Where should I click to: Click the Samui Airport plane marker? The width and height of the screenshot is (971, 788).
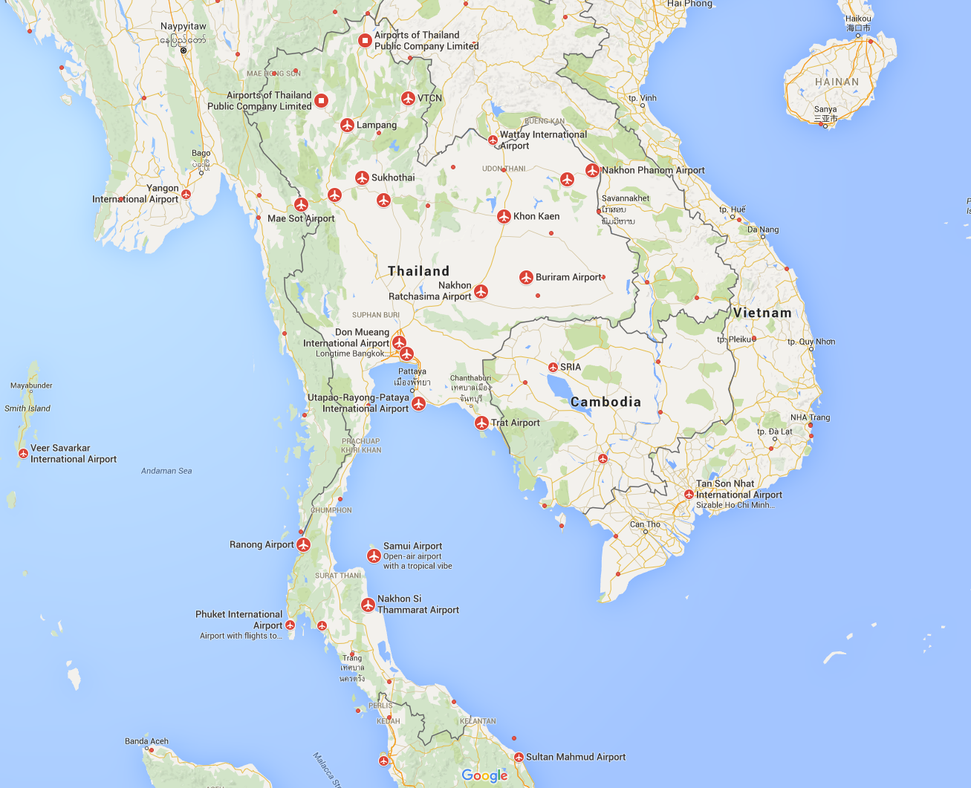[x=374, y=556]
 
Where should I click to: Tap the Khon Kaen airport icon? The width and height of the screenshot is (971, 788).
[x=504, y=216]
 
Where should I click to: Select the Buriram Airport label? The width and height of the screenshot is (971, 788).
[x=568, y=277]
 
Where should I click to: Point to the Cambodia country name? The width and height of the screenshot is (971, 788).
[x=605, y=402]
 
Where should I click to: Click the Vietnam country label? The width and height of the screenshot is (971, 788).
[x=762, y=313]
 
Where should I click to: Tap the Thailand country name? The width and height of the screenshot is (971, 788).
[x=418, y=271]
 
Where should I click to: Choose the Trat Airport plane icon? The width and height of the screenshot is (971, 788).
[x=481, y=423]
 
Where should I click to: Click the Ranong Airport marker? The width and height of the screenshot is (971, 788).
[x=303, y=545]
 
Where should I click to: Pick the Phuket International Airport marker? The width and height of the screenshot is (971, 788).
[x=290, y=625]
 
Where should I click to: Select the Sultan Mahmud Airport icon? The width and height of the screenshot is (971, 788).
[x=519, y=758]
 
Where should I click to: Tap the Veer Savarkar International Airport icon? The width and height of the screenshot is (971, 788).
[x=23, y=453]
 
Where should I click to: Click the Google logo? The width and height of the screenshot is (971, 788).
[x=484, y=775]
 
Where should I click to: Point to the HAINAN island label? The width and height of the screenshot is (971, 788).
[x=837, y=82]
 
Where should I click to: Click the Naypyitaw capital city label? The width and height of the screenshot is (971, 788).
[x=184, y=27]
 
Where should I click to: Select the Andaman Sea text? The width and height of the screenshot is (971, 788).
[x=166, y=471]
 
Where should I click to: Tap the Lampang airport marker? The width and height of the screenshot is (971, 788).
[x=347, y=125]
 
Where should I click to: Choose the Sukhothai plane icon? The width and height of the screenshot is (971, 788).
[x=362, y=178]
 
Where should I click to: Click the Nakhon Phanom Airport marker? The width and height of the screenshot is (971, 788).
[x=592, y=170]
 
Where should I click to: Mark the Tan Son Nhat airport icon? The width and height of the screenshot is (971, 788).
[x=689, y=494]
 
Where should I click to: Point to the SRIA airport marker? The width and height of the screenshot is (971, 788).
[x=553, y=368]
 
